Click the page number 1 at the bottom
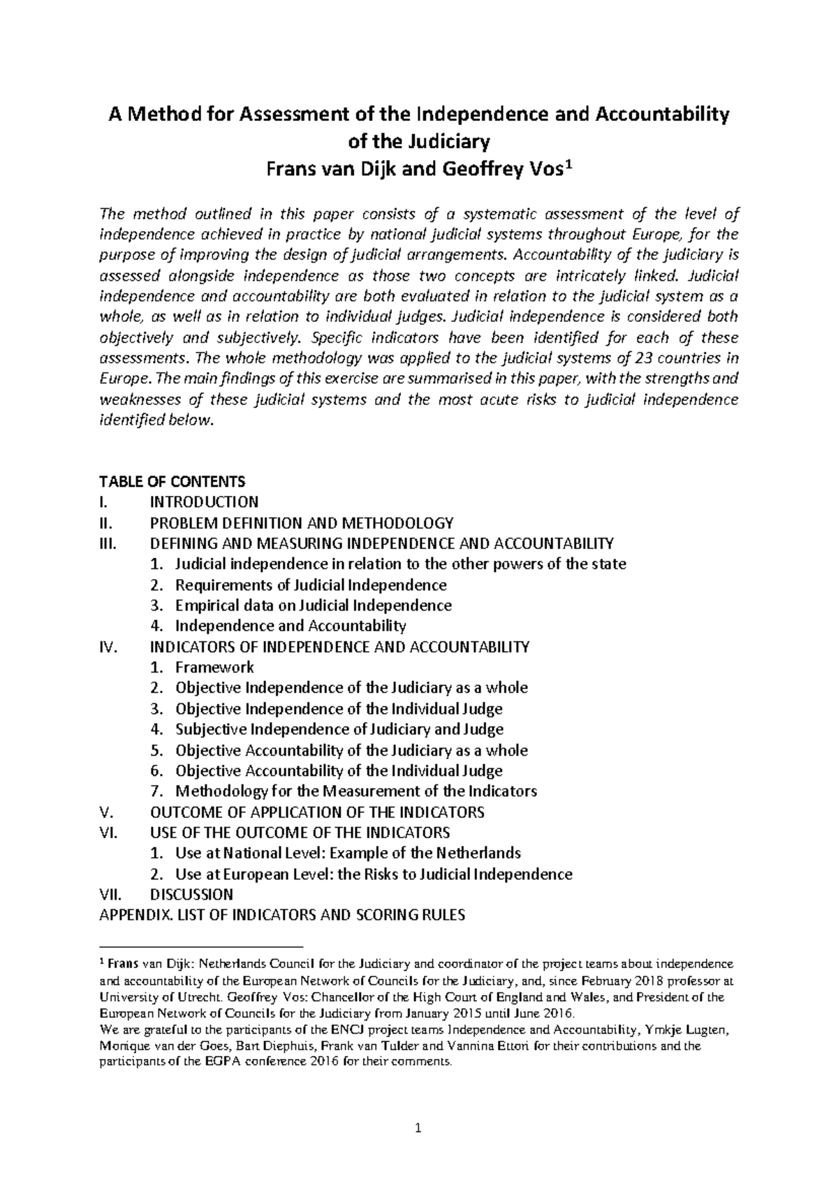(x=418, y=1127)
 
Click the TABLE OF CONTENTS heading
(x=172, y=481)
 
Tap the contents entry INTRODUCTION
(x=205, y=502)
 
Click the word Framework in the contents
(x=214, y=667)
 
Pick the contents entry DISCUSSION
(x=192, y=894)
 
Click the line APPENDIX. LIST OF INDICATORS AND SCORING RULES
(x=283, y=915)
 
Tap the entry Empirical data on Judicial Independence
(x=313, y=605)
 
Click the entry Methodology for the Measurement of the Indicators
(x=355, y=791)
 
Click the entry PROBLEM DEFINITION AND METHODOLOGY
(x=302, y=522)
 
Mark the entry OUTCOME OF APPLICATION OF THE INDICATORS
(x=317, y=812)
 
